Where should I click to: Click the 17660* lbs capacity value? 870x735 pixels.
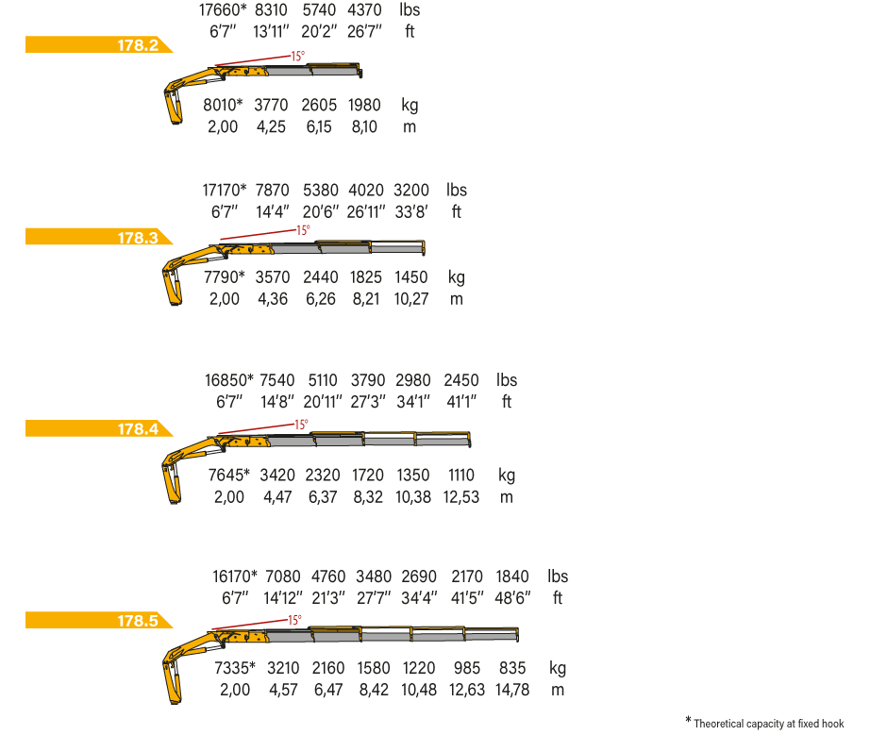223,10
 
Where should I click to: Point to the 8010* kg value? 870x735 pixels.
223,105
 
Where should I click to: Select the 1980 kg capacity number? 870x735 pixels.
364,105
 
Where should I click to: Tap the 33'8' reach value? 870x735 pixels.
411,212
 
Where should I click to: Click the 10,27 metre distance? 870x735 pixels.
411,299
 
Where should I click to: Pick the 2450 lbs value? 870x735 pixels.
461,380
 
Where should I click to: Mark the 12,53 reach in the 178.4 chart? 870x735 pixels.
461,497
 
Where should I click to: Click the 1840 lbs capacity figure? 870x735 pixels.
512,576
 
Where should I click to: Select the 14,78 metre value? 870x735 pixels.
512,690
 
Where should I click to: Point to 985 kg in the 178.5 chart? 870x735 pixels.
467,668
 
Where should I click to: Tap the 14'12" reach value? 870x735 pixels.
283,598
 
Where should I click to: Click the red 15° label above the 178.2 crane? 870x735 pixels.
298,56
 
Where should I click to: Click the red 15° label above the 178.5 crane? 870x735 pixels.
294,620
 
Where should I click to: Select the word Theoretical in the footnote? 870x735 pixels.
718,724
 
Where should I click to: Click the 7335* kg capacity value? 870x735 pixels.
235,668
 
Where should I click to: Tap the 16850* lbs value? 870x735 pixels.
229,380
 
